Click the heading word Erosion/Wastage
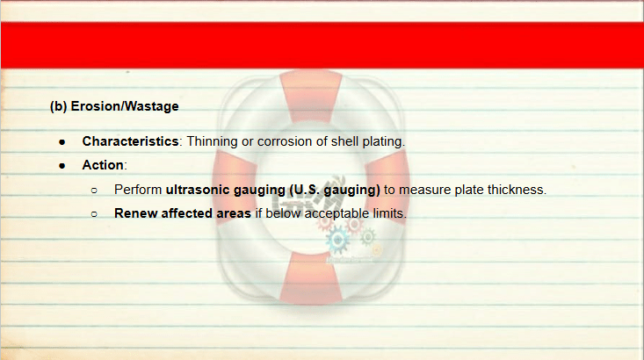125,106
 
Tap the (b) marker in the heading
58,106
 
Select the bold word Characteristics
130,141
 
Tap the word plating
384,141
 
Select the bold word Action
103,165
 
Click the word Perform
138,190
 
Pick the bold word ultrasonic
198,190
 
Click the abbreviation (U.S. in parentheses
304,190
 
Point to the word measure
425,190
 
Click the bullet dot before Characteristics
62,142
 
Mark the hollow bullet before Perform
94,191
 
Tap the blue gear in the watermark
337,240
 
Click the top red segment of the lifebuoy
311,97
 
